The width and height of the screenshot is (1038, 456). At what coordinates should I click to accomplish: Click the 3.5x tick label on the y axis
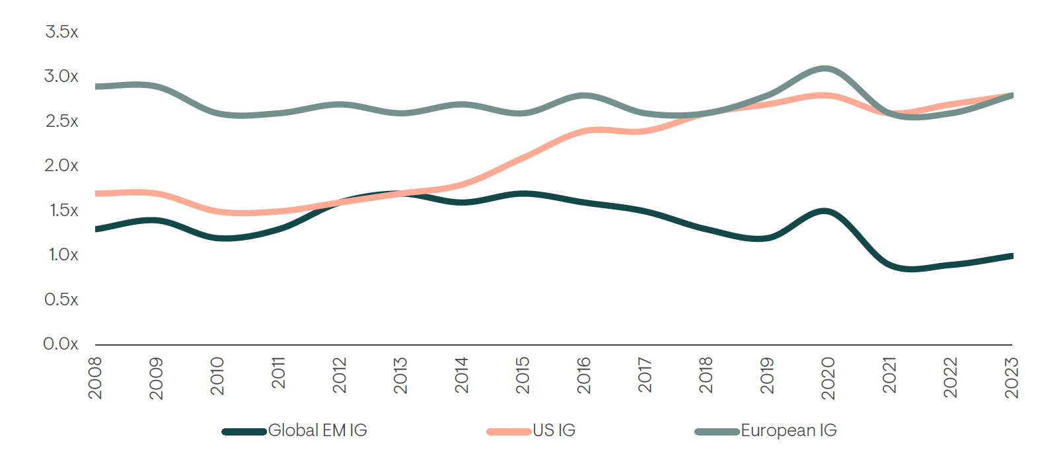61,32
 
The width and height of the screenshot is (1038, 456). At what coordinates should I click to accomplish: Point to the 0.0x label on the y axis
61,344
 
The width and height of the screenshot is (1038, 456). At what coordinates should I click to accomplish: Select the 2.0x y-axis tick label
61,165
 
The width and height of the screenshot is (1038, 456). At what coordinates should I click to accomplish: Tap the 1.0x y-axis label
63,254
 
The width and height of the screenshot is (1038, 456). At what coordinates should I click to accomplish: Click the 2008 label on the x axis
95,378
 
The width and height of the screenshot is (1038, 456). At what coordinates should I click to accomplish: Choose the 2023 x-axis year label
1012,378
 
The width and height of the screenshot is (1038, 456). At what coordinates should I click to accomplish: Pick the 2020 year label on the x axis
828,378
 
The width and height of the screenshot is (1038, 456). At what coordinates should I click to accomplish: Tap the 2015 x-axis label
523,375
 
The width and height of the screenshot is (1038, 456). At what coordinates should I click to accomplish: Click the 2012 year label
340,375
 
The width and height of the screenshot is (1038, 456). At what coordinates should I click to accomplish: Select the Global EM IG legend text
317,431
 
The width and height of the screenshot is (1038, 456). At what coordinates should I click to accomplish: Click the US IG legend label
554,431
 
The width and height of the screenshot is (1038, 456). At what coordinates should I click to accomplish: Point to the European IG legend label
788,431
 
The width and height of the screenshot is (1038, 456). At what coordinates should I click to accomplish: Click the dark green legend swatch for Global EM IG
244,432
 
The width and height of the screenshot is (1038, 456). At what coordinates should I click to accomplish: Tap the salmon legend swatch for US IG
509,432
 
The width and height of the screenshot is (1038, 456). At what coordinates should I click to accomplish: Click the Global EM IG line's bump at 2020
825,211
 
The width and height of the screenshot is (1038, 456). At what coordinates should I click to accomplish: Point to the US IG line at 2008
96,194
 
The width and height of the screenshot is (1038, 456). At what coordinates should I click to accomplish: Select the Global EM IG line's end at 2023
1011,256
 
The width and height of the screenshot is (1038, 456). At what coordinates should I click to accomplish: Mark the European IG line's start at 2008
96,87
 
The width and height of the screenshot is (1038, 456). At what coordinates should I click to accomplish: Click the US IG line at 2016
584,132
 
